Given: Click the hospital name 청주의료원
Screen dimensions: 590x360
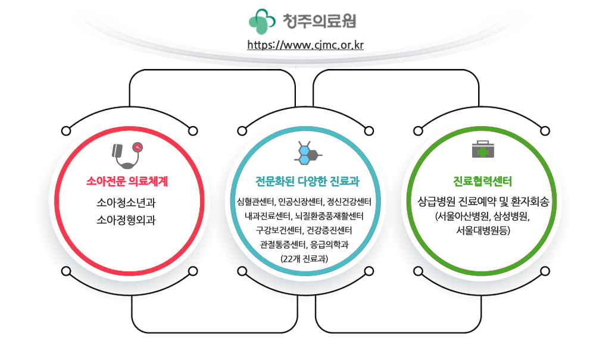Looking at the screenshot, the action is tap(319, 21).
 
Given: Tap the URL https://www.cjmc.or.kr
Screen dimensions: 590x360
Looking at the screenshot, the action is tap(305, 45).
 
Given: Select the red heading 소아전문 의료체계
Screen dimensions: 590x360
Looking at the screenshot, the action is tap(127, 181).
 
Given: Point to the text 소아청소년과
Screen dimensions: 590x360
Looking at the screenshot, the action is tap(126, 203).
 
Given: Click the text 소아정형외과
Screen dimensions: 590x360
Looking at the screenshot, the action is tap(126, 220).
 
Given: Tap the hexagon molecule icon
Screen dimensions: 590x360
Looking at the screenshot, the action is tap(308, 153).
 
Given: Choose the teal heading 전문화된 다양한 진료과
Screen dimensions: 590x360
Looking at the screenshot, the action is tap(307, 181).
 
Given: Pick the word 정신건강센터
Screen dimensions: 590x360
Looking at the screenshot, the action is tap(349, 202).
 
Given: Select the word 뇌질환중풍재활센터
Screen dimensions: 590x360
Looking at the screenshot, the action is tap(329, 216).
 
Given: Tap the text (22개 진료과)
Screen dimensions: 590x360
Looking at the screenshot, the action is tap(304, 259).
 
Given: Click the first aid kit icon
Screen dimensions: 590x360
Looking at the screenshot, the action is tap(483, 149).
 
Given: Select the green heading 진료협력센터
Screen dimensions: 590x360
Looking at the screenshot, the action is tap(482, 181).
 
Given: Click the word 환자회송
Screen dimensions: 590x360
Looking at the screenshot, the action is tap(530, 202).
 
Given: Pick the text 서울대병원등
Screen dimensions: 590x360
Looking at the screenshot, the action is tap(483, 230).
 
